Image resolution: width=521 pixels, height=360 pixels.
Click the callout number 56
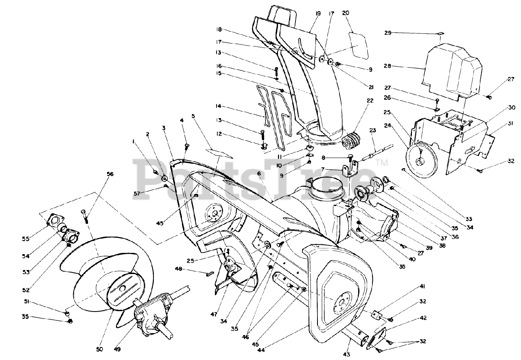[99, 174]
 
